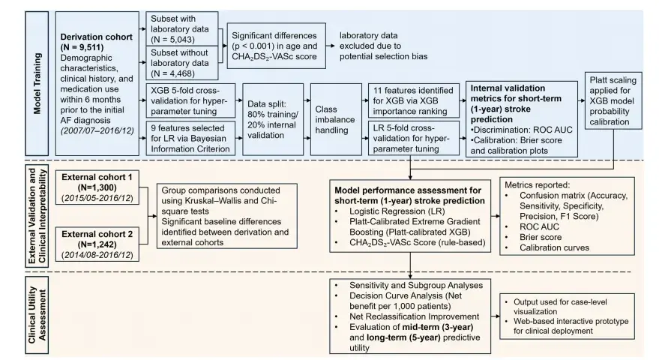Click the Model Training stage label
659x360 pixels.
pos(37,83)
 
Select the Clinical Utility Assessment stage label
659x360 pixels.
pos(37,315)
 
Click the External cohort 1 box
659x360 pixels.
pos(97,187)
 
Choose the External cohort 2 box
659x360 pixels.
pos(97,244)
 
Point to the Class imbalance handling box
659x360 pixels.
pos(336,119)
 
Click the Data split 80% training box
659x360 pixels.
pos(273,119)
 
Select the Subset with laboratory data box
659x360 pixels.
pos(182,29)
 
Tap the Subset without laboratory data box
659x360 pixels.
pos(182,63)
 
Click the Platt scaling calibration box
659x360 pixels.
pos(613,101)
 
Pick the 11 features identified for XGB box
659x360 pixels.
pos(414,101)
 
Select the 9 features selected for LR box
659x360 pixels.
pos(190,138)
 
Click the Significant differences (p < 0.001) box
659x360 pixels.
pos(276,46)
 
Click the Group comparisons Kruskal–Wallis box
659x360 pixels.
pos(227,216)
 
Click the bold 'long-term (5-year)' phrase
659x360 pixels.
pos(403,337)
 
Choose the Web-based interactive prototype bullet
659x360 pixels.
pos(571,326)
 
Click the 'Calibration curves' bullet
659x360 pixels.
pos(554,247)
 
